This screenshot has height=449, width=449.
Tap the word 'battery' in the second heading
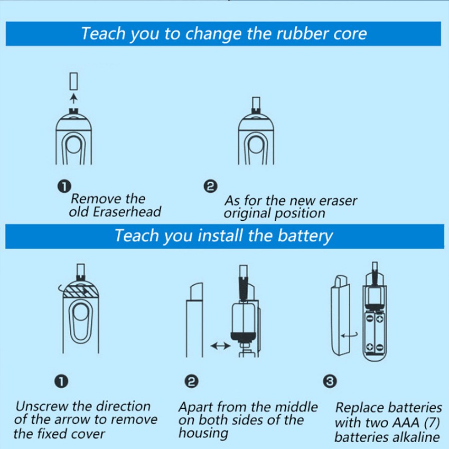coord(305,236)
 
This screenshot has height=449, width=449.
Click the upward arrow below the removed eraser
coord(74,98)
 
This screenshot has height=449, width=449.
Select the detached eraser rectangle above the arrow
coord(73,81)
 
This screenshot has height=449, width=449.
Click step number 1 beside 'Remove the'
coord(64,186)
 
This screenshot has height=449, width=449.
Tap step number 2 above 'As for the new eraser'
coord(210,186)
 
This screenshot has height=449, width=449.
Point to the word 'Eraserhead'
coord(127,212)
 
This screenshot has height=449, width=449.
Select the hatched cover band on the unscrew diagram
coord(81,291)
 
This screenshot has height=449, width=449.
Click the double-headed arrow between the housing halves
coord(220,346)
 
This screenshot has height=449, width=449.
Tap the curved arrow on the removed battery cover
coord(349,335)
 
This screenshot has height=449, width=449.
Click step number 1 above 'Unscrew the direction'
coord(61,381)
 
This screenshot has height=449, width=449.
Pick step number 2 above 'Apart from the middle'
coord(192,381)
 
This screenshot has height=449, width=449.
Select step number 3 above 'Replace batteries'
coord(330,381)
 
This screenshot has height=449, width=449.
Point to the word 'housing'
coord(203,434)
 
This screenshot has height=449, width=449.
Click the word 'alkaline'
coord(416,437)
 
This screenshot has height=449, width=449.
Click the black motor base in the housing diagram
coord(244,336)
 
